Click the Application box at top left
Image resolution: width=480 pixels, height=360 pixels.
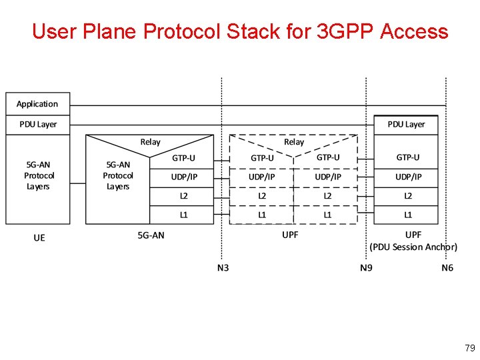coord(37,104)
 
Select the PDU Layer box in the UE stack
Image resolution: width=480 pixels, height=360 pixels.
coord(38,124)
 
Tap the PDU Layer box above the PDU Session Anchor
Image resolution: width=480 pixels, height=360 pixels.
coord(406,124)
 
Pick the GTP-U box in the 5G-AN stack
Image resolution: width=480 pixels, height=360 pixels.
coord(183,158)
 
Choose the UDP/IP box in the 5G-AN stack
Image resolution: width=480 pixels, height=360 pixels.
coord(183,177)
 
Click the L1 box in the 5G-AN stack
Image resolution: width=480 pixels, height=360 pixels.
coord(183,215)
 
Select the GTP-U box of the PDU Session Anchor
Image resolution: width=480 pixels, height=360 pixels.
coord(407,158)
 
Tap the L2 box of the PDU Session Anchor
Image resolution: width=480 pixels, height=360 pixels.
coord(407,196)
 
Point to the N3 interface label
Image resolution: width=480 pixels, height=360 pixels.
coord(223,268)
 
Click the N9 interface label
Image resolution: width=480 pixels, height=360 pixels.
coord(366,268)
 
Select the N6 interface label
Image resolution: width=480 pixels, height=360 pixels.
coord(447,268)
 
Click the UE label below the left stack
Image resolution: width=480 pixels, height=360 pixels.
coord(39,238)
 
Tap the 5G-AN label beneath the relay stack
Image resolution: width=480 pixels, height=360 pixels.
coord(151,235)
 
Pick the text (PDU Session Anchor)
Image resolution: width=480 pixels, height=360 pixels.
coord(413,247)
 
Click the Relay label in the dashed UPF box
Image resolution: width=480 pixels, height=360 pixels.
coord(293,142)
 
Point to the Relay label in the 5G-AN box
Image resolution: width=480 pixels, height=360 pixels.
coord(150,142)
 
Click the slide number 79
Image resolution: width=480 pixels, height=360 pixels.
coord(469,348)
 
